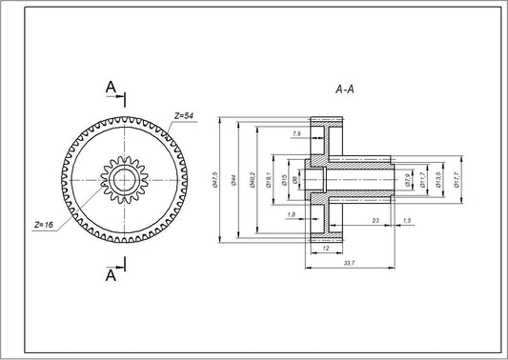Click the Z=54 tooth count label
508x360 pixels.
(183, 115)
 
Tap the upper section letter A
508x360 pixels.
(111, 89)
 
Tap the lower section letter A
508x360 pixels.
(111, 275)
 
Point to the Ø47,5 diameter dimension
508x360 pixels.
(216, 179)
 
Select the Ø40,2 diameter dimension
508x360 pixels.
(252, 179)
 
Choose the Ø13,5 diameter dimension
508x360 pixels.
(438, 180)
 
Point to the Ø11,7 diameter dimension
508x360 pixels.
(422, 180)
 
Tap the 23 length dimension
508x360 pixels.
(376, 221)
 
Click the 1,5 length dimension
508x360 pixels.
(408, 221)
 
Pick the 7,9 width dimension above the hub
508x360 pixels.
(297, 133)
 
